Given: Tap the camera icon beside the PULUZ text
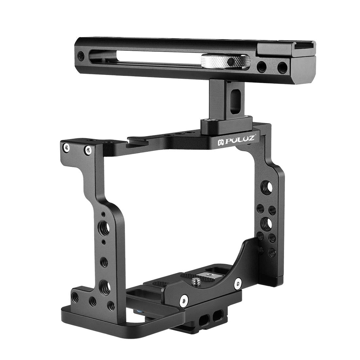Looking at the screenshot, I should [221, 141].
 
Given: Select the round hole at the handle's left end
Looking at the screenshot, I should [81, 56].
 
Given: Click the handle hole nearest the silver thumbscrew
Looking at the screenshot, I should [261, 67].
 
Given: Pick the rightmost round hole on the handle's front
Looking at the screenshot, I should [281, 67].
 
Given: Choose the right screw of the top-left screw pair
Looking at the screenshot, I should [88, 150].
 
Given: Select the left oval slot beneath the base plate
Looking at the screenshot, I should [207, 317].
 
